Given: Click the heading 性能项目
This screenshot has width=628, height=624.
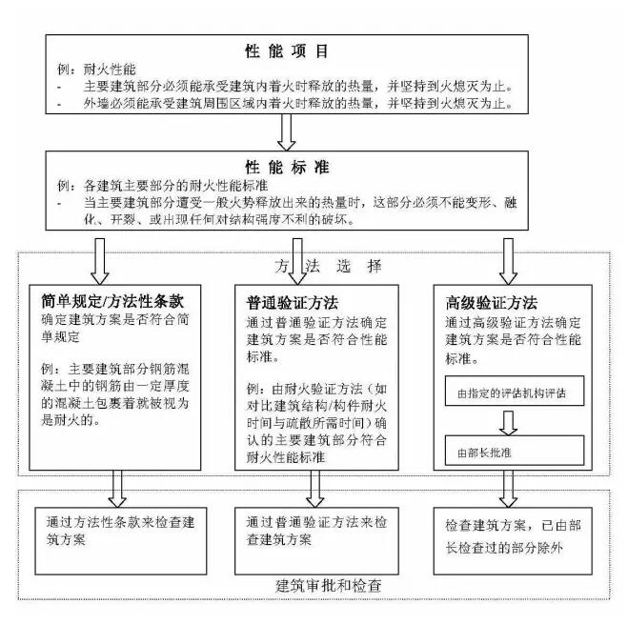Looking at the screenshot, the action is [x=287, y=51].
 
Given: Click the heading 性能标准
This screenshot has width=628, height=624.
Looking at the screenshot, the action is [x=287, y=167].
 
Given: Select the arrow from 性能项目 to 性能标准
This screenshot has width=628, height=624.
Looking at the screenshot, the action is [x=287, y=132].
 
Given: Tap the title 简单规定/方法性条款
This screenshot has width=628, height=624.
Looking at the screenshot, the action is [x=112, y=302].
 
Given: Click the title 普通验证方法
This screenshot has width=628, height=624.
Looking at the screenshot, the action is [x=292, y=303].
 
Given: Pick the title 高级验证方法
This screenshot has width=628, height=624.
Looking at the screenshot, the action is [x=491, y=303].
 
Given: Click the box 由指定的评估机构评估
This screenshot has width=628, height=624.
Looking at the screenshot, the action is [x=515, y=391].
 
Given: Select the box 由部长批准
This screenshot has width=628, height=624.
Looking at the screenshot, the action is [x=515, y=451].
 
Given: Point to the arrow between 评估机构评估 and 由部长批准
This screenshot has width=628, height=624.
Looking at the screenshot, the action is [x=508, y=423].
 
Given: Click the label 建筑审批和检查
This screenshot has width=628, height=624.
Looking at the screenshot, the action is [x=329, y=586].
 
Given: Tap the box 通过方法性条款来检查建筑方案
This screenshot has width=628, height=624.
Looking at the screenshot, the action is [x=121, y=541].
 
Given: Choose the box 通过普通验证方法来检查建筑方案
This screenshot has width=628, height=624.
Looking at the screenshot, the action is [x=316, y=541].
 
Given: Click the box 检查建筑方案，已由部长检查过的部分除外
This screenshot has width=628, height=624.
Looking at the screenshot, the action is [x=513, y=541].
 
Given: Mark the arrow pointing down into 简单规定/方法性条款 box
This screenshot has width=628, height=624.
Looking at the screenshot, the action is [x=100, y=262].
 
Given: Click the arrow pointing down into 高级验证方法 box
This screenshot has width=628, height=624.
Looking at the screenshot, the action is [x=508, y=262].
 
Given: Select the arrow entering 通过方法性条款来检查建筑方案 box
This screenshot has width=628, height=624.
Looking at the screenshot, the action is [x=117, y=489].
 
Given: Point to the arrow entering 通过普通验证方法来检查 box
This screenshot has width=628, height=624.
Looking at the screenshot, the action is [x=314, y=489].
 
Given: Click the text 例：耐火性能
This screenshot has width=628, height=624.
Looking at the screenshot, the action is [x=96, y=70].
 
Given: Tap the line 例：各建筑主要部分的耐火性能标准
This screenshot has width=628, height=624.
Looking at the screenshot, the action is [x=162, y=186].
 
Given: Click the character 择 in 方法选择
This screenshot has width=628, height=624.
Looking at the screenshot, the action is [x=375, y=266].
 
